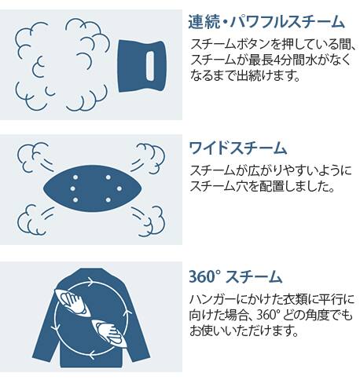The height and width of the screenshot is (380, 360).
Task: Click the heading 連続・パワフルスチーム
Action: point(266,21)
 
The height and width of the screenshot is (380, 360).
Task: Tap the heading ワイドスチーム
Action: point(238,148)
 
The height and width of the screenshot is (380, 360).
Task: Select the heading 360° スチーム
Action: point(235,277)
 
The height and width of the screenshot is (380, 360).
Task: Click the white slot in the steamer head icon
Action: point(150,66)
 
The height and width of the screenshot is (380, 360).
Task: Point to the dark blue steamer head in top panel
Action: point(141,66)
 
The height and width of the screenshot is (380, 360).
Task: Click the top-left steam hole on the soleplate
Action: point(75,177)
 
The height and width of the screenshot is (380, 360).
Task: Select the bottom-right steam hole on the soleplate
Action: point(108,200)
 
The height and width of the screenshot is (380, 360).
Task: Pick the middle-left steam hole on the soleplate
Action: point(73,188)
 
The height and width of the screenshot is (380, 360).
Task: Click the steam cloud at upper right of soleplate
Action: point(149,158)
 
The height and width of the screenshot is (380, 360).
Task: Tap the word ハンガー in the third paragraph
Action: point(212,300)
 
